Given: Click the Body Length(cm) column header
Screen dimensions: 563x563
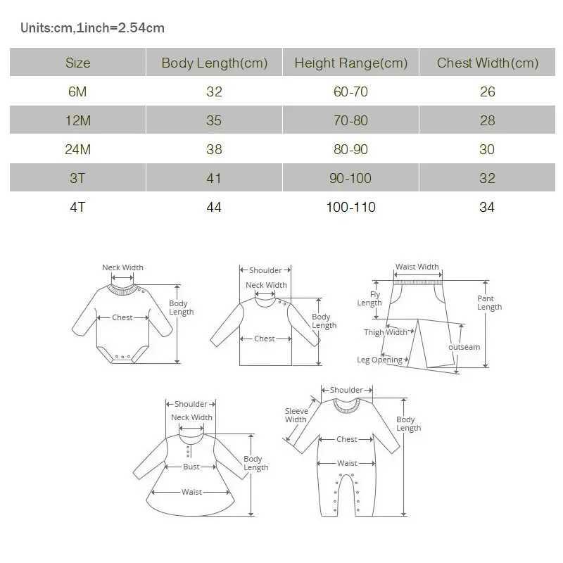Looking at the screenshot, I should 215,63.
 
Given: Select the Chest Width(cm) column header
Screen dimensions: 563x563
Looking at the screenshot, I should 488,63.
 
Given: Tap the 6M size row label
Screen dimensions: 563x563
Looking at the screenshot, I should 77,91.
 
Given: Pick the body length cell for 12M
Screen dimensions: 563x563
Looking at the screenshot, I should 214,120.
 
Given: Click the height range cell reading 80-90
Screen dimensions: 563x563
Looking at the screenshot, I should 350,149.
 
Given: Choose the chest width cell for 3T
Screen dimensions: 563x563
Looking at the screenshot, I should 487,178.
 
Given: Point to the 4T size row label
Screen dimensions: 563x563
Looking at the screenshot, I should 77,207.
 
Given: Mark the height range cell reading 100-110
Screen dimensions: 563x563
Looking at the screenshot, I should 350,207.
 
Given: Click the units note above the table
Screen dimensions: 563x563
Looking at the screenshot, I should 92,28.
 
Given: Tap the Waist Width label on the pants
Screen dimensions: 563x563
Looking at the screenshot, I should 417,267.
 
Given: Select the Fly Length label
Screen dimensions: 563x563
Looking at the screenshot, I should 369,299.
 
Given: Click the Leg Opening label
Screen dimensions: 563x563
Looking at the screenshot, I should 379,360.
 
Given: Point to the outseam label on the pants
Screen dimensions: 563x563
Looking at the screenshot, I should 464,347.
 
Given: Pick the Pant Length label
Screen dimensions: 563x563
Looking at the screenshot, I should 489,303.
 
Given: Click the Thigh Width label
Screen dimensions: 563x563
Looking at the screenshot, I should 386,332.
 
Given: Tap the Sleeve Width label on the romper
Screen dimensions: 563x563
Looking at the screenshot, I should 296,415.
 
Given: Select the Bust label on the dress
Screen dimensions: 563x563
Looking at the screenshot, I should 191,467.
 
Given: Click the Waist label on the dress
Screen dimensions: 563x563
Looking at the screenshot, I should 191,492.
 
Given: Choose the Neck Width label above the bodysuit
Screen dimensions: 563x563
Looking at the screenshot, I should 122,267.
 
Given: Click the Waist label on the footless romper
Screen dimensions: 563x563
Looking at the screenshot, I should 347,463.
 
